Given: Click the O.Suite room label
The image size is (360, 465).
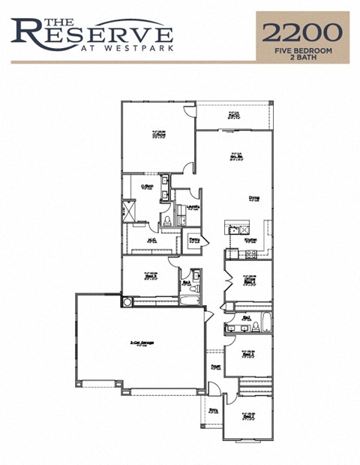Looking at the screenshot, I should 158,136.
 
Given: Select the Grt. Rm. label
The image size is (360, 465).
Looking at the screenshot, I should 235,157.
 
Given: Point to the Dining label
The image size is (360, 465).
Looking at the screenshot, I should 255,198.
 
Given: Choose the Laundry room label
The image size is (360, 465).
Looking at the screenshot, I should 193,208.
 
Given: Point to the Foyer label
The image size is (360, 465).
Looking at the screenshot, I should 215,367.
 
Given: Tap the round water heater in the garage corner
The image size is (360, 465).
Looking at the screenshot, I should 127,301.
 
